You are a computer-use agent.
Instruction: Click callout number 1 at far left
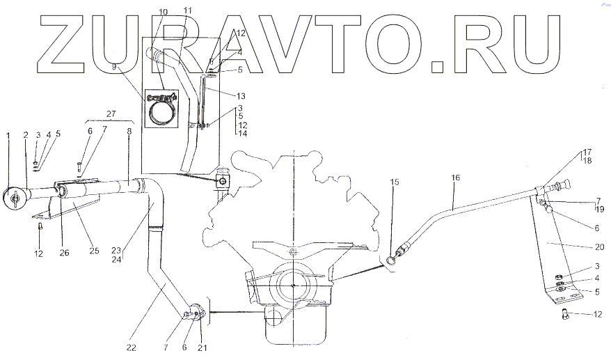[x=8, y=134]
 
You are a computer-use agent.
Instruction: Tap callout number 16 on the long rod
[x=455, y=178]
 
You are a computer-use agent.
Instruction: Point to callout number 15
[x=395, y=182]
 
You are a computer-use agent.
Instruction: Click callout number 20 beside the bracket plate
[x=600, y=246]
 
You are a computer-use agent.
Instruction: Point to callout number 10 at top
[x=163, y=13]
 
